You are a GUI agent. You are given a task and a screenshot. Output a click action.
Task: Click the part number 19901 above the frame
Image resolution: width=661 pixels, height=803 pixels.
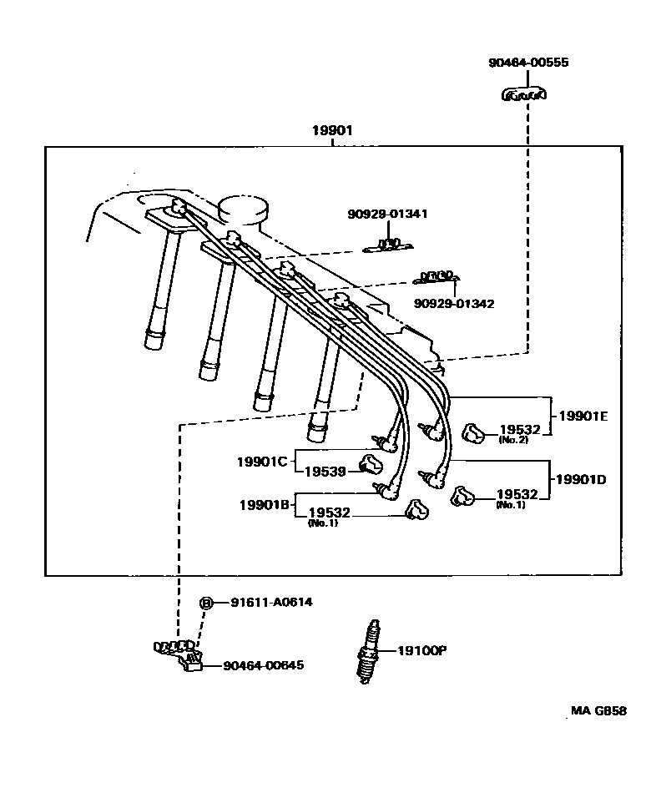point(332,131)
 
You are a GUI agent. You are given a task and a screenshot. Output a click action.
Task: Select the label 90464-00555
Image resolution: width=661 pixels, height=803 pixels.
point(529,63)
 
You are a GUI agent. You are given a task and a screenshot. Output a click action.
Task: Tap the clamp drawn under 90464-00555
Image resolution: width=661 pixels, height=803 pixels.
point(523,95)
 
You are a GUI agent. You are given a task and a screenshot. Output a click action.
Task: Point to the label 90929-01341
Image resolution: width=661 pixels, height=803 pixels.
point(387,215)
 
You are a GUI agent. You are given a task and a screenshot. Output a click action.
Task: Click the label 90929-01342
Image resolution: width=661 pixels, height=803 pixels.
point(453,304)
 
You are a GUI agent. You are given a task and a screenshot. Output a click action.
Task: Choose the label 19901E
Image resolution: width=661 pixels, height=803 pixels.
point(583,416)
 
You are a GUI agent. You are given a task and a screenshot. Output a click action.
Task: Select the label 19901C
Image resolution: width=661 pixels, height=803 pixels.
point(261,462)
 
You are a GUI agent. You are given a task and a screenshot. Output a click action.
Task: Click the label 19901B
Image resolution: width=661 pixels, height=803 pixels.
point(264,505)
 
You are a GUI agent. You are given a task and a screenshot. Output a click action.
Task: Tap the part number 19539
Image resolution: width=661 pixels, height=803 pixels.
point(325,472)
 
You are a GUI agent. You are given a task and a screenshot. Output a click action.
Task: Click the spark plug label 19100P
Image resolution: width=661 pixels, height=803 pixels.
point(421,651)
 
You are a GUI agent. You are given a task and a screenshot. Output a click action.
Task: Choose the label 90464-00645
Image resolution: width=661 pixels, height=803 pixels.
point(263,665)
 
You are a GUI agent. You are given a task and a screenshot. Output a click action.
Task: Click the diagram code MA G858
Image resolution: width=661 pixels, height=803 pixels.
point(598,711)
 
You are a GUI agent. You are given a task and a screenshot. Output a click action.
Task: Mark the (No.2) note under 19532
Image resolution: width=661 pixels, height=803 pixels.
point(513,440)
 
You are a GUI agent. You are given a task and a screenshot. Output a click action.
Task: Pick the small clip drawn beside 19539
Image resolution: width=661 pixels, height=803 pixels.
point(369,462)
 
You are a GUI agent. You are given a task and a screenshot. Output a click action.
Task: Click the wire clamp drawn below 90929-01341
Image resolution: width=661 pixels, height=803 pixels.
point(387,245)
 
